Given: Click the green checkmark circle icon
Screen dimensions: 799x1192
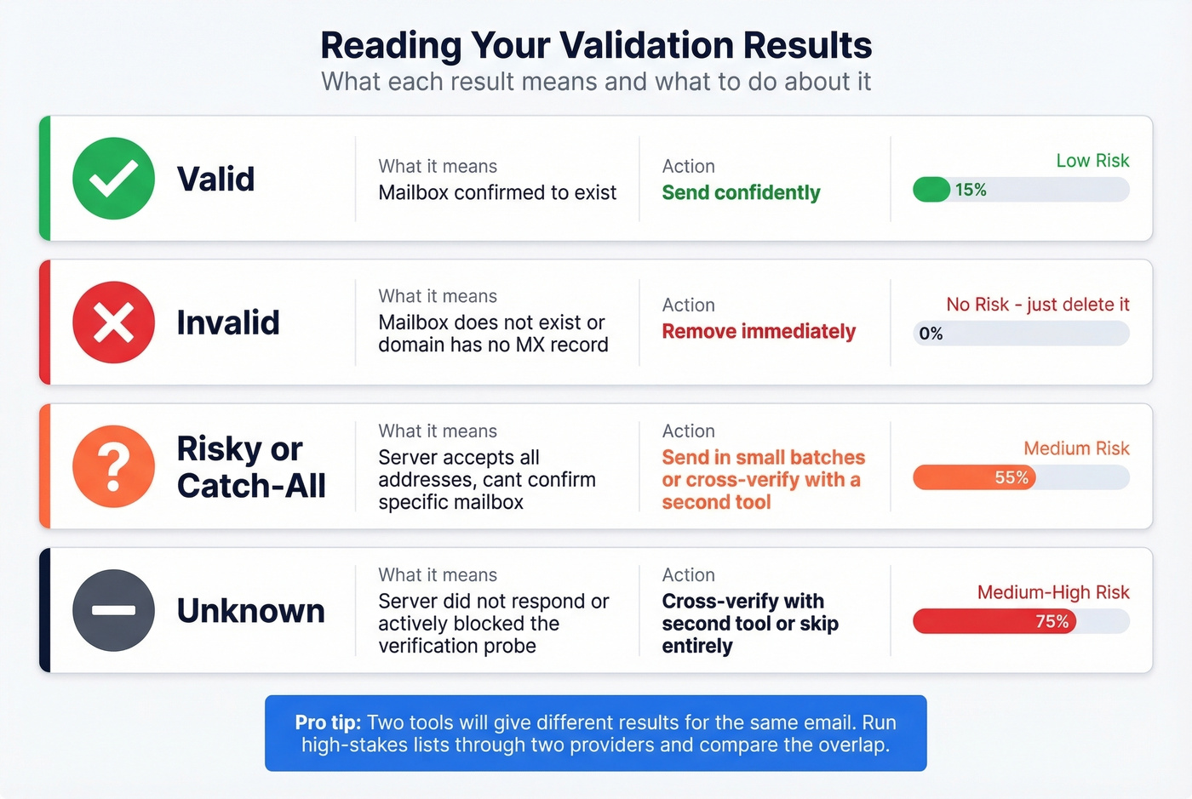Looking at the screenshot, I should (x=113, y=179).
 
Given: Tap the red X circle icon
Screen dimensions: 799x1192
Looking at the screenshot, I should (x=113, y=322).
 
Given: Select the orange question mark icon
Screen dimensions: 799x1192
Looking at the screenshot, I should (x=113, y=466).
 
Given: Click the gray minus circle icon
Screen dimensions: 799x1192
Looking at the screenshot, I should (x=113, y=610).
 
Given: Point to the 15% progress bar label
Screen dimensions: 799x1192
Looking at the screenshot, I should (x=971, y=190).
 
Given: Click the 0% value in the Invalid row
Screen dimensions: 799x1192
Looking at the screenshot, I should (x=931, y=334).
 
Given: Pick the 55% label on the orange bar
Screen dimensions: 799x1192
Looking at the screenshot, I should (x=1011, y=477).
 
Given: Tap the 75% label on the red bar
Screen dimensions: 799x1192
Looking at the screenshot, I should (x=1052, y=621).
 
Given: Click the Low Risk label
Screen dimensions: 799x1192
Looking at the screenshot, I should (x=1092, y=161).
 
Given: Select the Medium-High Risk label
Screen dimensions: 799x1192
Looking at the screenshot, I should (x=1053, y=592).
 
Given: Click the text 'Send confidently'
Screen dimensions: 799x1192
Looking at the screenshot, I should (x=741, y=193).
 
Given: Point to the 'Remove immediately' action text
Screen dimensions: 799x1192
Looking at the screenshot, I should (x=759, y=331).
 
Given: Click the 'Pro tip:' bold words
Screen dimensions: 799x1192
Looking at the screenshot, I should (x=328, y=722).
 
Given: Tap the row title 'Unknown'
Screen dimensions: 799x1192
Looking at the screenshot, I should (x=250, y=611).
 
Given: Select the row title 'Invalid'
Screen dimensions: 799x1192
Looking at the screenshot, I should (x=228, y=322).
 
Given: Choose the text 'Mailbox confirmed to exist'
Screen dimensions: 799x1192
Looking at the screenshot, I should (x=497, y=193).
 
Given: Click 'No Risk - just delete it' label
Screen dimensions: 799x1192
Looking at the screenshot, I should (x=1038, y=305).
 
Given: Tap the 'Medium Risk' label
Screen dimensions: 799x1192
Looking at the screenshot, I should (x=1076, y=448).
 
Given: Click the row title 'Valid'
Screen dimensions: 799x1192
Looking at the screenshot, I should (x=215, y=179).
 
